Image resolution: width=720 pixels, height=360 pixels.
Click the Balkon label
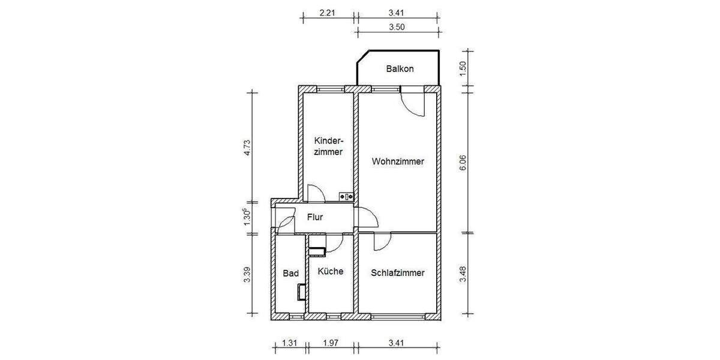[400, 68]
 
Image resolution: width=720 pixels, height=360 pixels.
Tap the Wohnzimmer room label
[398, 161]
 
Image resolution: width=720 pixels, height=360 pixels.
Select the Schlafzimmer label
[398, 272]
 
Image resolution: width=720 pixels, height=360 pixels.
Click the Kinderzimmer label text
[328, 146]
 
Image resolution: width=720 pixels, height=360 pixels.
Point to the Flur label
[315, 217]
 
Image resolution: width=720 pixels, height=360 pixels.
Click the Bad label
[290, 273]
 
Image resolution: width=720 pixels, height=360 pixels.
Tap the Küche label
[331, 271]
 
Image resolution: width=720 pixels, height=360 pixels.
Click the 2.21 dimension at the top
[326, 11]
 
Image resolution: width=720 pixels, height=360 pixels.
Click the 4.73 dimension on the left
[247, 148]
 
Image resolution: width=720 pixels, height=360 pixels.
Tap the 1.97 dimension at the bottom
[331, 344]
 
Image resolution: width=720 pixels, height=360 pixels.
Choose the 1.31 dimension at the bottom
[290, 344]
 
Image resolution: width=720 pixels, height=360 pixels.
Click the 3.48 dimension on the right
[463, 273]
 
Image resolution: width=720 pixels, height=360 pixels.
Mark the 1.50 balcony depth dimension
[463, 69]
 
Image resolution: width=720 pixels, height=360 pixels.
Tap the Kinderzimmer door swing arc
[316, 193]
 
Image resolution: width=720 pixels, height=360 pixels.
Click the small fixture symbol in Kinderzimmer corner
[347, 196]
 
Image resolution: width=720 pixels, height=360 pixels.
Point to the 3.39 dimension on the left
[247, 274]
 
